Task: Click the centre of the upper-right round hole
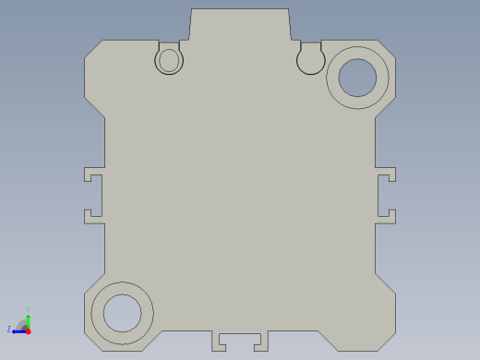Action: click(357, 78)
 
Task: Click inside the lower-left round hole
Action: click(122, 313)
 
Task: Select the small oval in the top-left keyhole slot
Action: click(169, 61)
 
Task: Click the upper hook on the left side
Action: click(93, 174)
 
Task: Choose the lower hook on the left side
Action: click(93, 217)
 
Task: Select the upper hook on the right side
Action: click(387, 174)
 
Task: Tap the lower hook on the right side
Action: click(387, 217)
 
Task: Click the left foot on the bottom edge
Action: click(219, 342)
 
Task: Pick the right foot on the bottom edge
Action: click(261, 342)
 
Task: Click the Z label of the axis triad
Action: click(9, 329)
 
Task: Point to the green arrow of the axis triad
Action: click(29, 319)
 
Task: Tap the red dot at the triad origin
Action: click(28, 330)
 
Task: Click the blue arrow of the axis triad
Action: click(18, 330)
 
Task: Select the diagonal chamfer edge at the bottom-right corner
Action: click(385, 283)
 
